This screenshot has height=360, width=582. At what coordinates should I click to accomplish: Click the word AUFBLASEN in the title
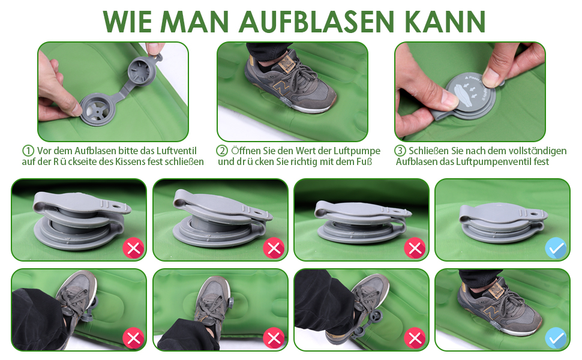tap(316, 22)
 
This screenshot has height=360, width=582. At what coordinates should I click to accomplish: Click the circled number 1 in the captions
tap(28, 151)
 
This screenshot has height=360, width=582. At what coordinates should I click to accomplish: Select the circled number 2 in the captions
tap(222, 151)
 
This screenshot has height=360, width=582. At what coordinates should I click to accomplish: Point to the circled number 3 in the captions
tap(400, 151)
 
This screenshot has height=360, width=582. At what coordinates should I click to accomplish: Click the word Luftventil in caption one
tap(176, 151)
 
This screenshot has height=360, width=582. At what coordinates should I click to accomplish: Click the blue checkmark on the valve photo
tap(556, 248)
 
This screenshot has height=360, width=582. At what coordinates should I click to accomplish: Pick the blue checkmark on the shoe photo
tap(556, 338)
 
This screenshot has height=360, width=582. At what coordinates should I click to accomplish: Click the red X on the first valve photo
tap(133, 248)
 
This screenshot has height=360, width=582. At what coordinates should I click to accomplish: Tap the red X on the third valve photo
tap(415, 248)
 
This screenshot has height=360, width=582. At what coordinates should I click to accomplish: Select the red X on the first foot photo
tap(133, 338)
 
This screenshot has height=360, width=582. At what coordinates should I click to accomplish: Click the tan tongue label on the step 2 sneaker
tap(286, 64)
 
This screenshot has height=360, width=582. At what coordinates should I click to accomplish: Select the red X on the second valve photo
tap(274, 248)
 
